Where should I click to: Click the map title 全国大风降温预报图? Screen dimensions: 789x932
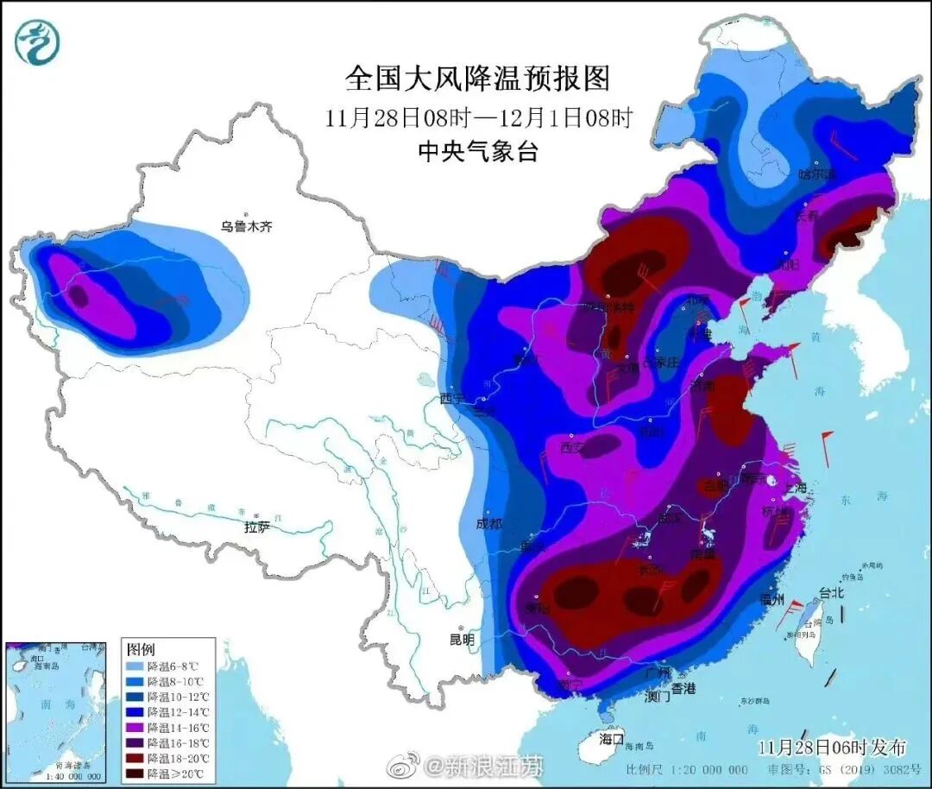click(x=477, y=79)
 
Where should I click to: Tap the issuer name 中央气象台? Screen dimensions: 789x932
click(x=477, y=152)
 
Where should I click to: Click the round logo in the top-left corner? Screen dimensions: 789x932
click(x=37, y=42)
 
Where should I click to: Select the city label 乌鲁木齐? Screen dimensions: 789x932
click(x=246, y=227)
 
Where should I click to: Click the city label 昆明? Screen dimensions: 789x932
click(x=463, y=640)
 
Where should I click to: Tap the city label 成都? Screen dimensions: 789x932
click(x=489, y=524)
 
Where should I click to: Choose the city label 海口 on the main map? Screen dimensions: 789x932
click(x=612, y=739)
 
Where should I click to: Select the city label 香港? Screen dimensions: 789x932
click(x=683, y=688)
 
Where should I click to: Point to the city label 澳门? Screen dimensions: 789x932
click(x=657, y=697)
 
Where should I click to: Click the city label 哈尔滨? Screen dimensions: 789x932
click(x=817, y=174)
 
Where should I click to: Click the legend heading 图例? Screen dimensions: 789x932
click(x=141, y=648)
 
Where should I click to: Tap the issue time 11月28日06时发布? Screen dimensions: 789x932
click(x=832, y=746)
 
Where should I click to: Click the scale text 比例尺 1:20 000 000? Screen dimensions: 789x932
click(x=687, y=769)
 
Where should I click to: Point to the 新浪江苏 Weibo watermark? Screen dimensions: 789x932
click(x=466, y=765)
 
